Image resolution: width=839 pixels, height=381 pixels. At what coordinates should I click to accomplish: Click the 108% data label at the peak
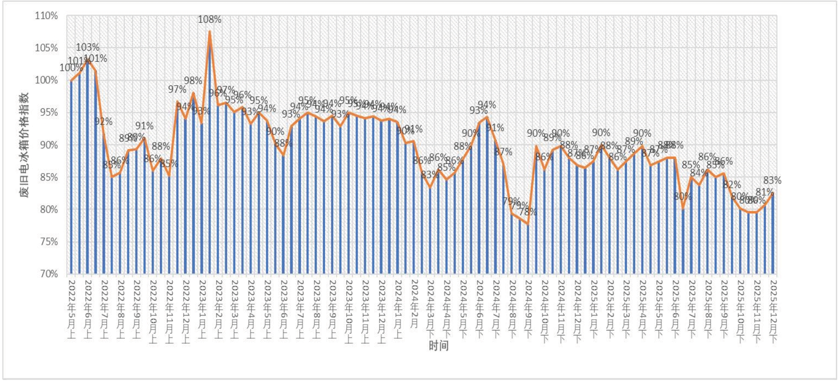tap(209, 20)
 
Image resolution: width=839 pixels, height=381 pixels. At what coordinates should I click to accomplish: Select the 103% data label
tap(88, 47)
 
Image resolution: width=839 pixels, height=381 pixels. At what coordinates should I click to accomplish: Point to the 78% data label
tap(528, 212)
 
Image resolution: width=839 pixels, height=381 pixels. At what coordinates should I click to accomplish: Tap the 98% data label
tap(193, 81)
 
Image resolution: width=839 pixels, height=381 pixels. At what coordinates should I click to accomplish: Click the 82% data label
tap(732, 185)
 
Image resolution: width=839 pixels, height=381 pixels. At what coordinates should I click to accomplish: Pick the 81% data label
tap(765, 192)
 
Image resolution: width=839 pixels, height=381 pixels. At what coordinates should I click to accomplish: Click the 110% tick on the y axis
tap(47, 16)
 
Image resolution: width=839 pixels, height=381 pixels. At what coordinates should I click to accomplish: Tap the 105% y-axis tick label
tap(47, 48)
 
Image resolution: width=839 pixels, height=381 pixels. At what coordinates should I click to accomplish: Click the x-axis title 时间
tap(439, 346)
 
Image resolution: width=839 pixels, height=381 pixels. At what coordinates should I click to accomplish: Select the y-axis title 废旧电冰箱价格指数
tap(24, 144)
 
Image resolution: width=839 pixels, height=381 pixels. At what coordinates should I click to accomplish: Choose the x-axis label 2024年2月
tap(414, 303)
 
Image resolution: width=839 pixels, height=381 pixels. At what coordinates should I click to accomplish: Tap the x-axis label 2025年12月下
tap(773, 312)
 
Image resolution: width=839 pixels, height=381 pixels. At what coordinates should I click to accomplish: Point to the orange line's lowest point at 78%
tap(528, 223)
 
